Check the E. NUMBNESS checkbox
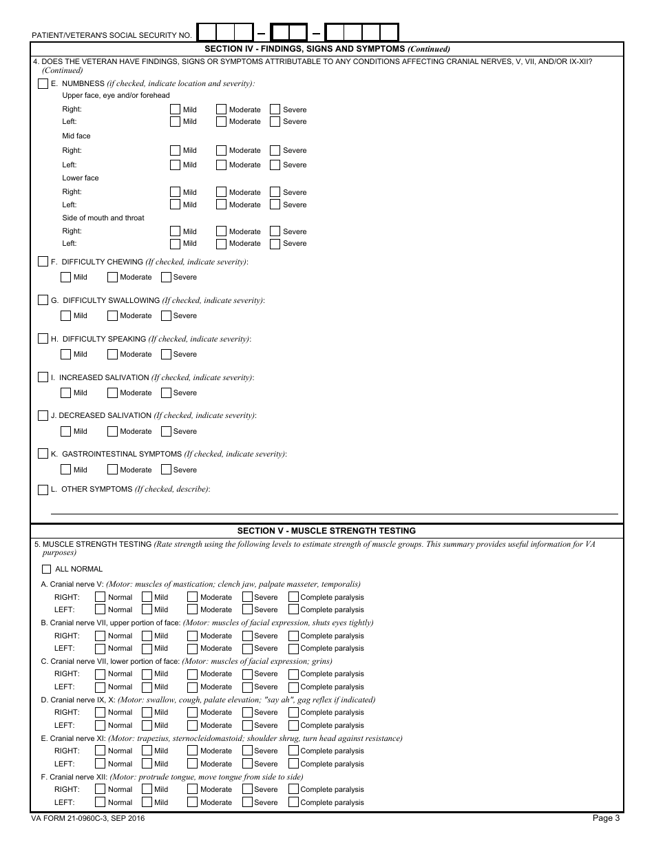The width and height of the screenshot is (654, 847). pos(43,83)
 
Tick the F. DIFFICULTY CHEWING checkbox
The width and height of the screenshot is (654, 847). pos(43,262)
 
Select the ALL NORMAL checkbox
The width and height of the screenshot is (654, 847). pos(47,569)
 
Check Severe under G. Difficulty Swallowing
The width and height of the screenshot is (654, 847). pos(166,315)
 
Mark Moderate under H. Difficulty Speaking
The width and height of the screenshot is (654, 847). pos(112,354)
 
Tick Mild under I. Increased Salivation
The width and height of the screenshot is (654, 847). pos(66,393)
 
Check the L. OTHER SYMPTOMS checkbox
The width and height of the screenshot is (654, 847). pos(43,489)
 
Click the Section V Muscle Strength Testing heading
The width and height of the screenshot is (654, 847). pos(326,531)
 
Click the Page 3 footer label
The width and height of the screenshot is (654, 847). pos(606,818)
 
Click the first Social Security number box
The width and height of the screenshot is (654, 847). pos(207,32)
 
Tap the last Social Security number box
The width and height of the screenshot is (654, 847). pos(389,32)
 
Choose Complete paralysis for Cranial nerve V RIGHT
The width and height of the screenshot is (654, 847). pos(293,597)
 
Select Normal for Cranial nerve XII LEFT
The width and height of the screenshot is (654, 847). pos(101,802)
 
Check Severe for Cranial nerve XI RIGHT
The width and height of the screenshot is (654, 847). pos(247,751)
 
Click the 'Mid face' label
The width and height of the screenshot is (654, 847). pos(76,136)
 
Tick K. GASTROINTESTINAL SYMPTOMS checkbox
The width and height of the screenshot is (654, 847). pos(43,454)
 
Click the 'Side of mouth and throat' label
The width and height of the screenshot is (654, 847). pos(103,218)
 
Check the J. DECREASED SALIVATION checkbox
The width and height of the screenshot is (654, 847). pos(43,415)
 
